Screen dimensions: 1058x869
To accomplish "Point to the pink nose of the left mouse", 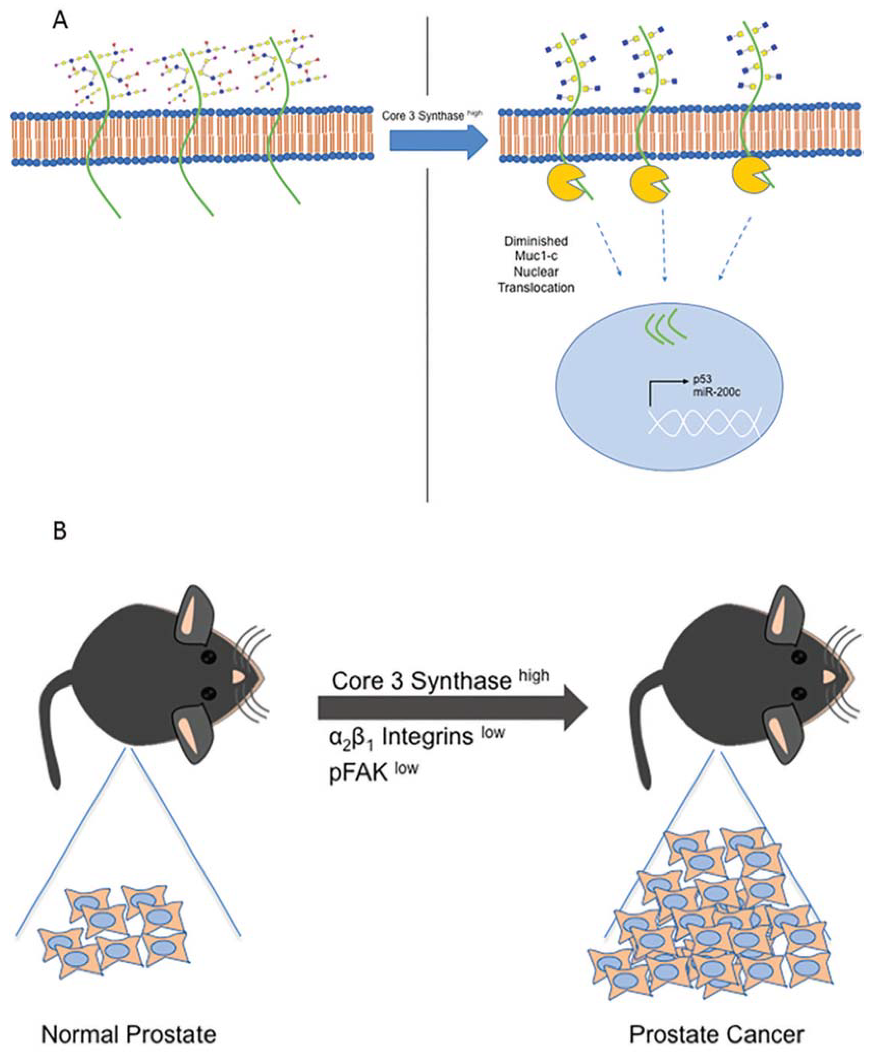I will click(x=239, y=677).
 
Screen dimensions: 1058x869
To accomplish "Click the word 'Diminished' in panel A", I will click(x=536, y=242).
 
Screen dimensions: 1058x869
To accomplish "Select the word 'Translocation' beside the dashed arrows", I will click(x=536, y=288).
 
